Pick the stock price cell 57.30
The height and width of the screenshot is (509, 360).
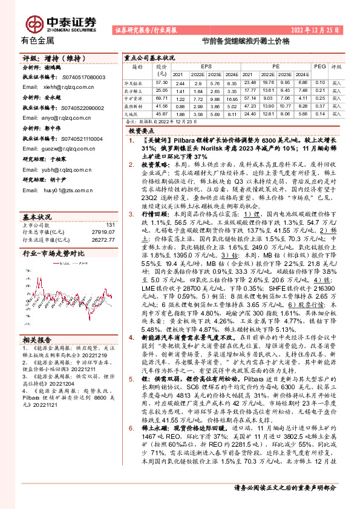pyautogui.click(x=161, y=82)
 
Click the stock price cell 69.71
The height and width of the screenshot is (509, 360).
pyautogui.click(x=161, y=97)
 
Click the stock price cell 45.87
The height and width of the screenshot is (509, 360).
pyautogui.click(x=161, y=112)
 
